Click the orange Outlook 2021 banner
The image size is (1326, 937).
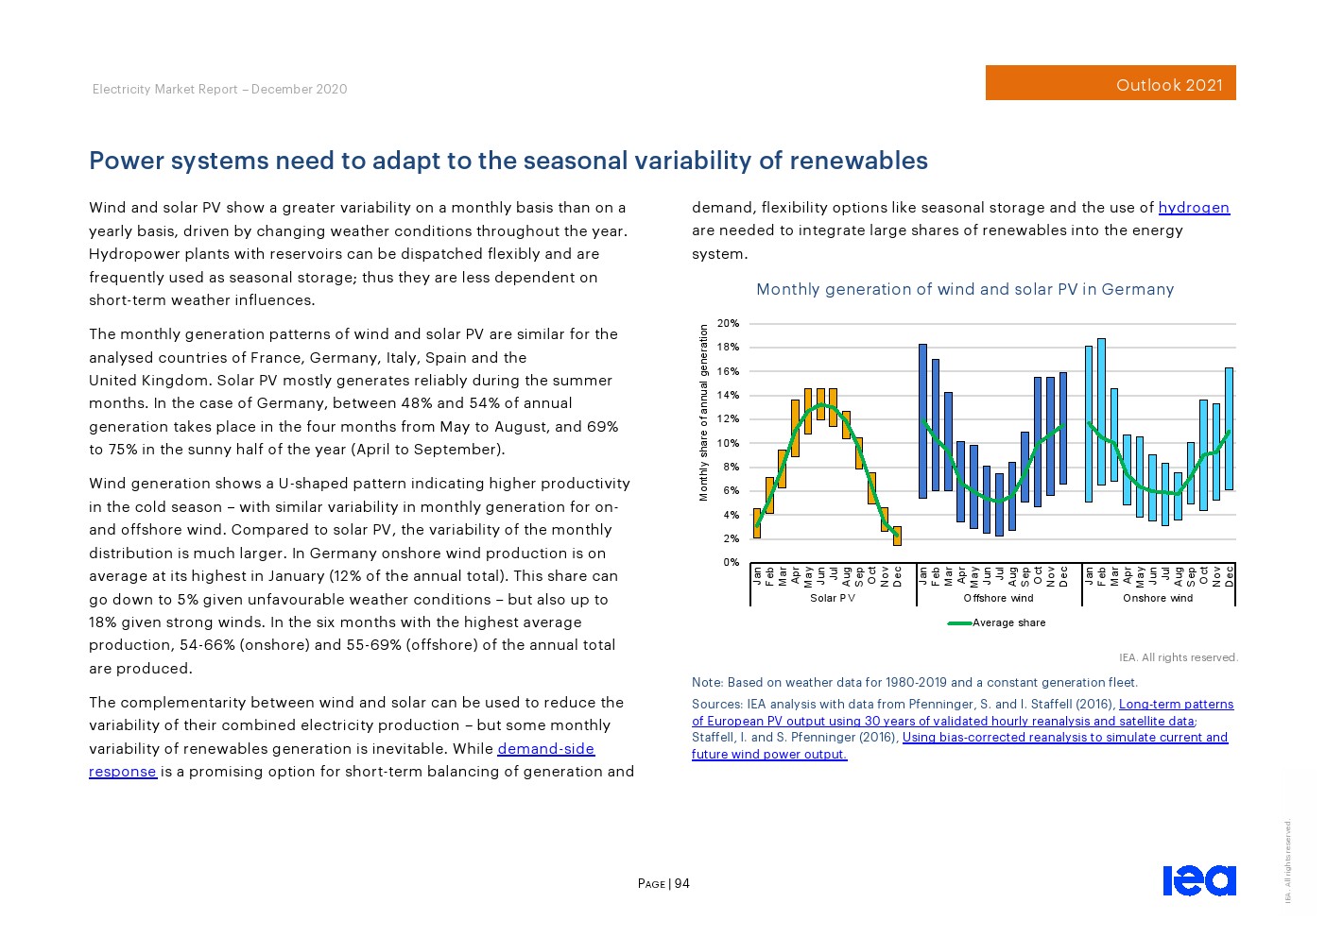click(x=1110, y=83)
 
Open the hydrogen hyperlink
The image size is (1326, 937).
click(x=1194, y=208)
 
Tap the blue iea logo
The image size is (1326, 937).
click(x=1198, y=880)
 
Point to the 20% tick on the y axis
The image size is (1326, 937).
click(x=728, y=324)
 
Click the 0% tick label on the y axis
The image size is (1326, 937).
click(x=731, y=563)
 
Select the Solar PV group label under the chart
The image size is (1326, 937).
click(x=833, y=598)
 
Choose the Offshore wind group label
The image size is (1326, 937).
click(x=998, y=598)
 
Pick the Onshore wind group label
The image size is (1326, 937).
click(x=1158, y=598)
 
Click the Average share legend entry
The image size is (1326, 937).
click(x=1008, y=622)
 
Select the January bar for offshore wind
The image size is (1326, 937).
click(x=923, y=420)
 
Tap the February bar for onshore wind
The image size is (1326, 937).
click(x=1101, y=411)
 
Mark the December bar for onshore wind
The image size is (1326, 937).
click(x=1229, y=428)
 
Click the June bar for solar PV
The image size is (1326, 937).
click(x=820, y=403)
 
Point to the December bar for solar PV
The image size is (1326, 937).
click(x=897, y=536)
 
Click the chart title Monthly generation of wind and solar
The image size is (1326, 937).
click(x=964, y=289)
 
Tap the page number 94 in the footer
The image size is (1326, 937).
click(x=681, y=884)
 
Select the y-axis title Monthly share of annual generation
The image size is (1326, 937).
click(x=703, y=413)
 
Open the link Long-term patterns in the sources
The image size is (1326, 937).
click(x=1176, y=704)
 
